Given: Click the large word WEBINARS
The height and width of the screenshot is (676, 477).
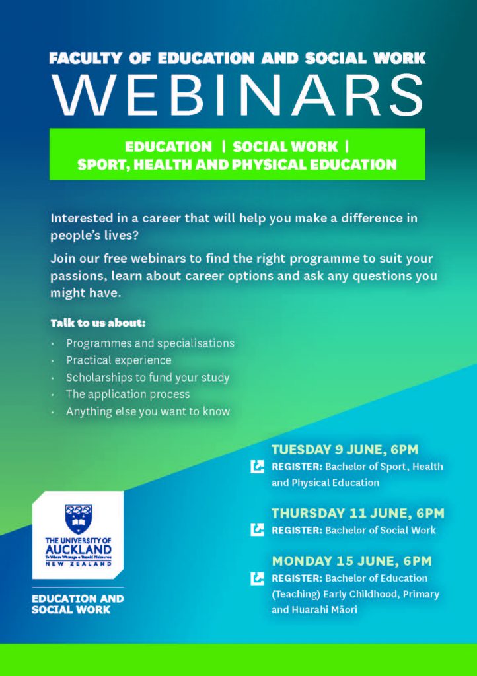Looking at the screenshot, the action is [238, 96].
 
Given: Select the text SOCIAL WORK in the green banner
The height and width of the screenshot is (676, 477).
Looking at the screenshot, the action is [285, 147].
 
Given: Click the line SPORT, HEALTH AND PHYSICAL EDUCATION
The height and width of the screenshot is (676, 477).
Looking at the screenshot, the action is [237, 164].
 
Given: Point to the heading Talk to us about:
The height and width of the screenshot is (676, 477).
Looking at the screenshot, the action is [98, 323].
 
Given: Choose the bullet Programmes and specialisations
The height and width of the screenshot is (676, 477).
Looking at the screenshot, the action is [150, 343].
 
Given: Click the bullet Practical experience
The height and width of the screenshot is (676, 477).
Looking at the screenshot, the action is [119, 360].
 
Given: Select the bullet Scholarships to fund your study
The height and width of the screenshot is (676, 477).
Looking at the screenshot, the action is [147, 377].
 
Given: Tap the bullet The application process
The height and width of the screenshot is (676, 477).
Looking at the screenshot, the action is [128, 394].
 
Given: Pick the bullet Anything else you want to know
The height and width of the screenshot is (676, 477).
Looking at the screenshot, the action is [148, 411].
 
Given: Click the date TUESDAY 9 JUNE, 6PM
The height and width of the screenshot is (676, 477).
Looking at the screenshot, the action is [345, 449].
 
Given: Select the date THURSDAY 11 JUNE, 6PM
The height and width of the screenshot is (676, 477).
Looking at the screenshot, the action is [357, 513].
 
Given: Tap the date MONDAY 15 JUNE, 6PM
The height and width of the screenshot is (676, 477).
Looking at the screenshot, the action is [351, 561].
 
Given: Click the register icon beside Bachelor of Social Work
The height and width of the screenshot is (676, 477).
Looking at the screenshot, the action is [257, 530].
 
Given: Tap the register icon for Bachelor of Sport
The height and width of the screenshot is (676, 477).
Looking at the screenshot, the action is [257, 467].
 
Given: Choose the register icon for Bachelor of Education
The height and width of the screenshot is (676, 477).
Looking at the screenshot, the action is [257, 578].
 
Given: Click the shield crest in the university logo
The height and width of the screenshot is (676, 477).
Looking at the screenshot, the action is [78, 519].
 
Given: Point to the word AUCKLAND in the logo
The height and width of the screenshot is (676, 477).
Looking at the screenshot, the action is [78, 549].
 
